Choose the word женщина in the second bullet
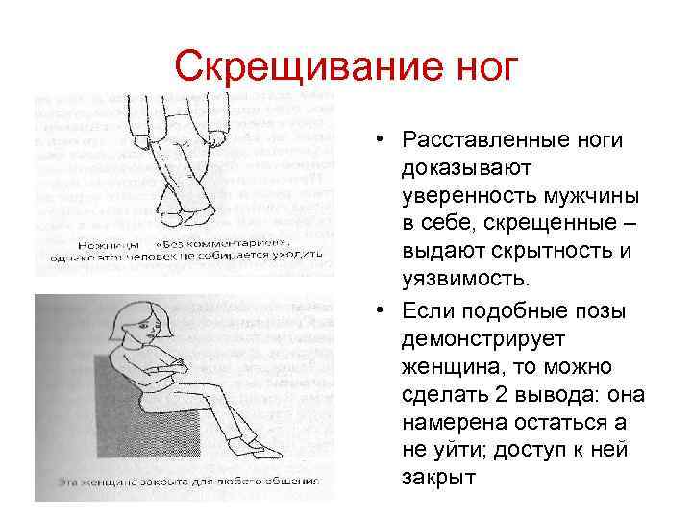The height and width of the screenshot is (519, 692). click(x=448, y=367)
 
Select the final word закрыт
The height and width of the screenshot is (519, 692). click(x=439, y=478)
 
